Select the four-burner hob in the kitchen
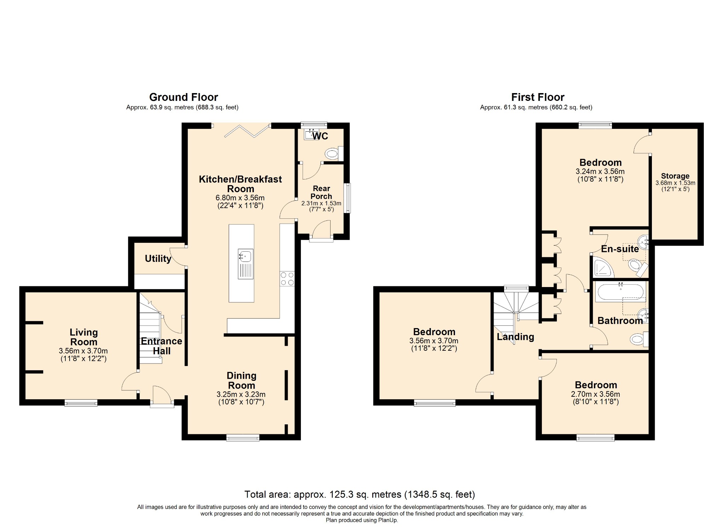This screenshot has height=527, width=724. click(287, 279)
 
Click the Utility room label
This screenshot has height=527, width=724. click(158, 259)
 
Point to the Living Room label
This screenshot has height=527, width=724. click(83, 337)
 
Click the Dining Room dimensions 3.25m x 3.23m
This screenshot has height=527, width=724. click(241, 394)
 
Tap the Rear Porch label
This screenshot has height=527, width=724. click(321, 192)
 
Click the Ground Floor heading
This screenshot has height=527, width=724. click(183, 97)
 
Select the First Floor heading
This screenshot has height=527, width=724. click(538, 97)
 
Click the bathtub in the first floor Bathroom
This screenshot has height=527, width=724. click(620, 292)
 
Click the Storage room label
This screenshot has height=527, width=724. click(675, 176)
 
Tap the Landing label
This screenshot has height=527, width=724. click(515, 337)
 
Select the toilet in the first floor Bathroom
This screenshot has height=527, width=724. click(639, 339)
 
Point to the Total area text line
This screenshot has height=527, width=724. click(360, 494)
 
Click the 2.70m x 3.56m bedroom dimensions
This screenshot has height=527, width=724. click(595, 394)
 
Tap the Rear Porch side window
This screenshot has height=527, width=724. click(347, 198)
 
